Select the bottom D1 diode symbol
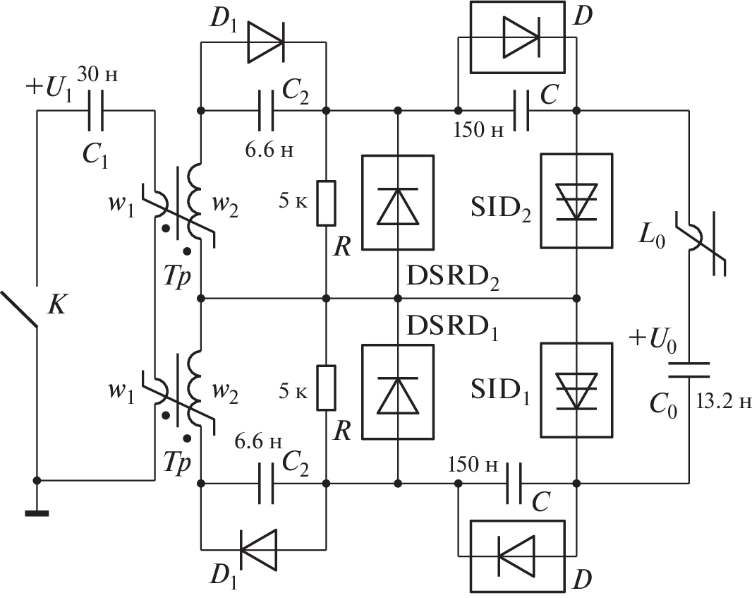(x=258, y=548)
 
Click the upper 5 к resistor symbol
(x=326, y=203)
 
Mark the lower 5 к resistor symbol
(x=326, y=388)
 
